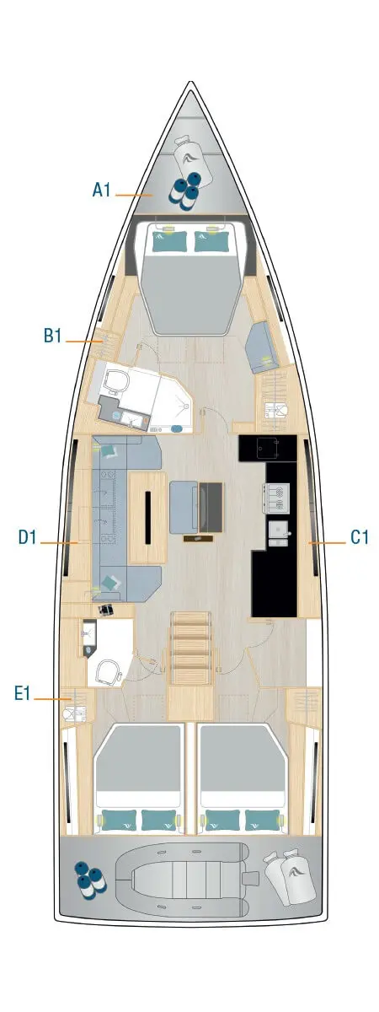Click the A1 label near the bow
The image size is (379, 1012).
pos(102,191)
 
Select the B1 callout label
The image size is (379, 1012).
pos(54,336)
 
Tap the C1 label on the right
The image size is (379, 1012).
pos(360,537)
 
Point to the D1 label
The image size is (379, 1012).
pos(29,537)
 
